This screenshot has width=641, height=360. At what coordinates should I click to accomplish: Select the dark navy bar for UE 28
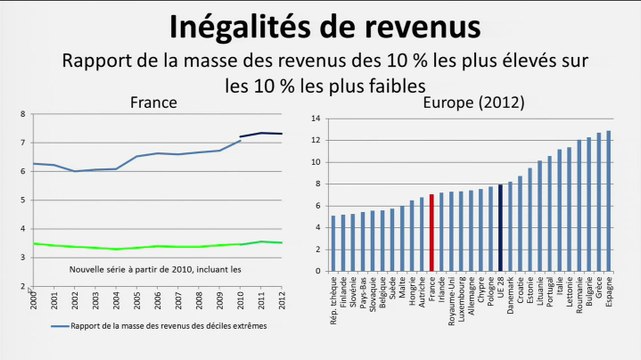pyautogui.click(x=500, y=227)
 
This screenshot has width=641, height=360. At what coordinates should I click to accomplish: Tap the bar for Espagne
pyautogui.click(x=608, y=201)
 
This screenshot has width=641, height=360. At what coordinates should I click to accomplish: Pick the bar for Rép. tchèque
pyautogui.click(x=334, y=243)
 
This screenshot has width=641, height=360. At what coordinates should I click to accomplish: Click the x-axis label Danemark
pyautogui.click(x=510, y=296)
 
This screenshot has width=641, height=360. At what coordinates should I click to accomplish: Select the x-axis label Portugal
pyautogui.click(x=549, y=294)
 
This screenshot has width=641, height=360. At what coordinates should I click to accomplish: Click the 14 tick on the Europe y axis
pyautogui.click(x=315, y=118)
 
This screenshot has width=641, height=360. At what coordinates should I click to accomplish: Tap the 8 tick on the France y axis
pyautogui.click(x=24, y=114)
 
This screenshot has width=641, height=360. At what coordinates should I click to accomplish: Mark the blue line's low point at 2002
pyautogui.click(x=73, y=171)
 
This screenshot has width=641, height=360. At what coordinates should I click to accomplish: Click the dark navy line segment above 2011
pyautogui.click(x=262, y=133)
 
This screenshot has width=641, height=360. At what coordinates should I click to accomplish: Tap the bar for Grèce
pyautogui.click(x=598, y=202)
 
